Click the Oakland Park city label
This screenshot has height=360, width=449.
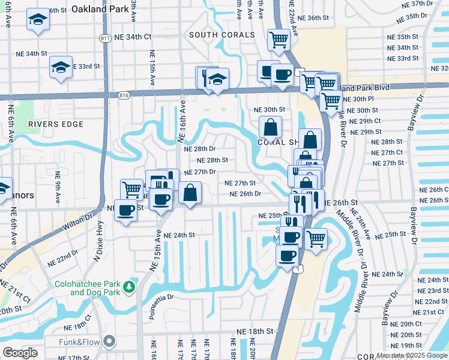pyautogui.click(x=100, y=9)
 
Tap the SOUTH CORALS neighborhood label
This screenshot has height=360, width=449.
pyautogui.click(x=222, y=35)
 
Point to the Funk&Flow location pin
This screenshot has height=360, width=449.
pyautogui.click(x=109, y=341)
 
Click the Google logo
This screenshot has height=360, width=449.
pyautogui.click(x=20, y=353)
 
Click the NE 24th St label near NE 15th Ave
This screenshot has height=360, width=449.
pyautogui.click(x=179, y=235)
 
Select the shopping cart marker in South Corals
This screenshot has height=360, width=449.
pyautogui.click(x=279, y=40)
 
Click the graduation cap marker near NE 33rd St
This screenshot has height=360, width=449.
pyautogui.click(x=61, y=67)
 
